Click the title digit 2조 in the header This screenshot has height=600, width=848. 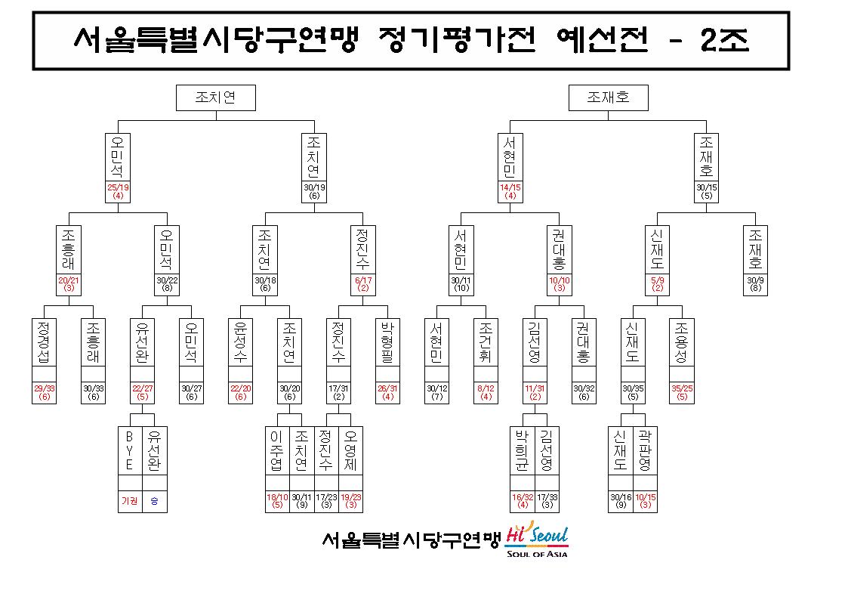click(725, 40)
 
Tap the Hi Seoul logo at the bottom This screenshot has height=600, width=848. click(537, 540)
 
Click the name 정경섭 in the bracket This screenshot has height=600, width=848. click(44, 342)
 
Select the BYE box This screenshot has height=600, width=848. click(130, 450)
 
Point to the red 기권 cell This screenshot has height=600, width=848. click(130, 501)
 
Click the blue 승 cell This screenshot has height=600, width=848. click(155, 501)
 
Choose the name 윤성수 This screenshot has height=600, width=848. click(240, 342)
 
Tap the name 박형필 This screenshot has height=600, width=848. click(387, 342)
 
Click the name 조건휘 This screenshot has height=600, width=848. click(486, 342)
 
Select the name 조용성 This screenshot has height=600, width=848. click(681, 342)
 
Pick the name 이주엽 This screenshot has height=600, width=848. click(277, 450)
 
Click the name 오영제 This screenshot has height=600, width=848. click(350, 450)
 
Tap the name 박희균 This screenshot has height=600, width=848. click(522, 450)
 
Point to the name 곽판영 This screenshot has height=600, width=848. click(645, 450)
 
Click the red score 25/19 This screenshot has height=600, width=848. click(118, 187)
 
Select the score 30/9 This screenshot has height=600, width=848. click(756, 280)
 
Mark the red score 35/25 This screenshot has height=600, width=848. click(682, 388)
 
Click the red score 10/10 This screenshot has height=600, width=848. click(560, 280)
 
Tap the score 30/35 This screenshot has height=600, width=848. click(633, 388)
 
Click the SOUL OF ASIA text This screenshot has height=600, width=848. click(537, 553)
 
